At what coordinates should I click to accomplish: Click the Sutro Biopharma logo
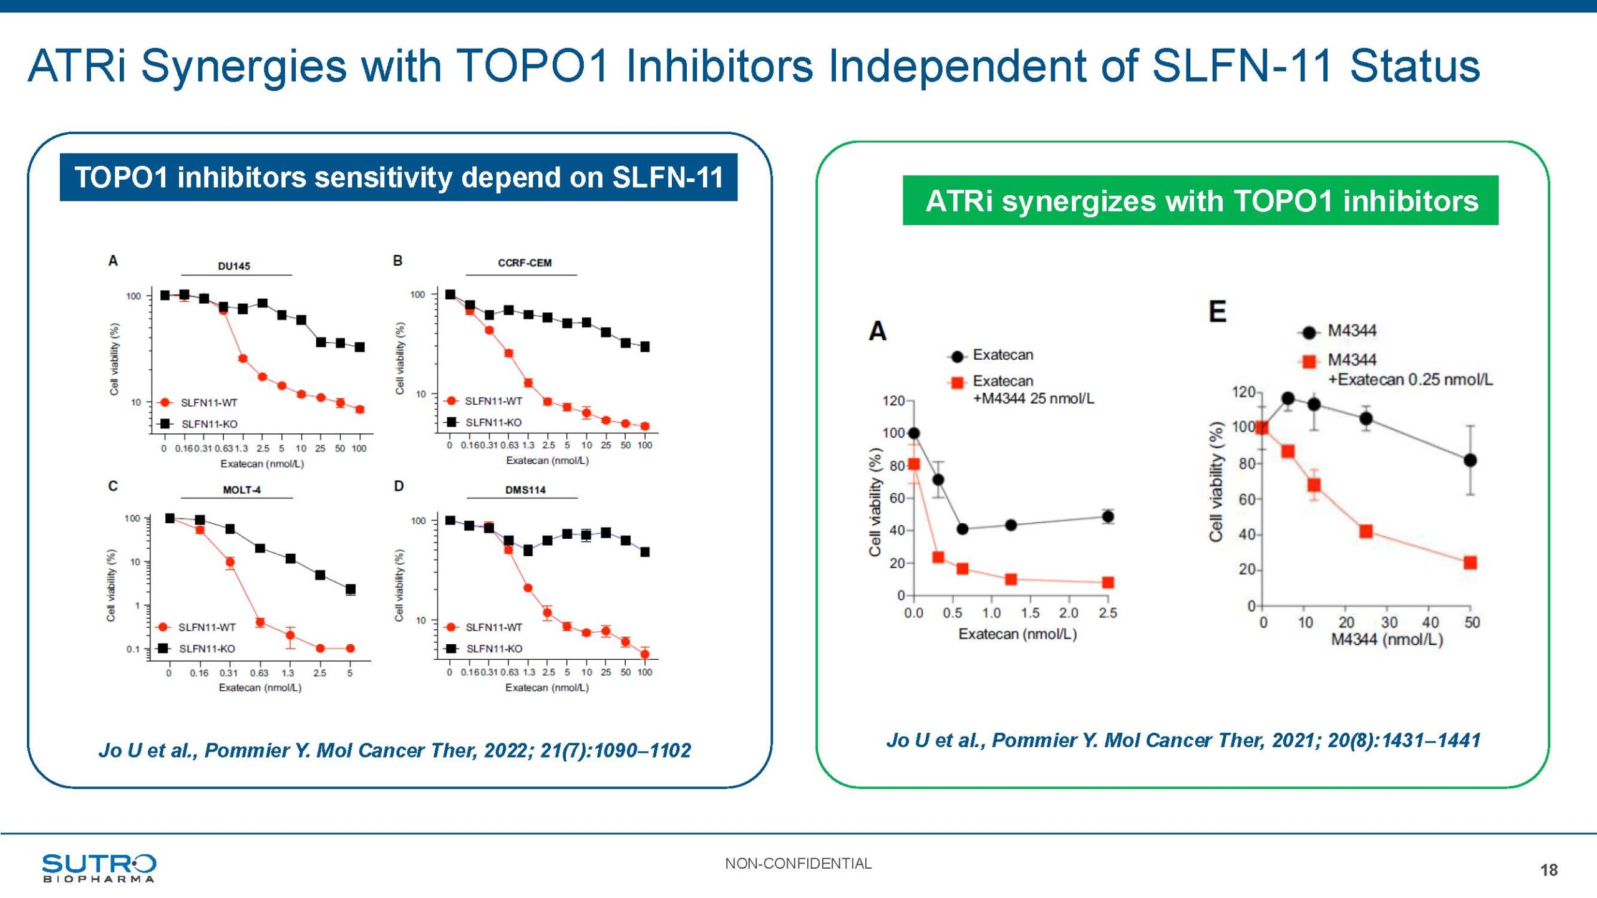coord(99,867)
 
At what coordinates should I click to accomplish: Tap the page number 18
coord(1548,870)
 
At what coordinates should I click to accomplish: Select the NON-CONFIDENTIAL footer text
coord(798,864)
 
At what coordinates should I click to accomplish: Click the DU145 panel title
coord(234,266)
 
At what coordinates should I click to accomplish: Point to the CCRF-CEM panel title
coord(525,263)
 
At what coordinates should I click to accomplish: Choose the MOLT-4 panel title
coord(241,490)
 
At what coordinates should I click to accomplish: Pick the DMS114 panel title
coord(525,490)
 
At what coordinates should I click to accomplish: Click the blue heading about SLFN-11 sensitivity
coord(399,178)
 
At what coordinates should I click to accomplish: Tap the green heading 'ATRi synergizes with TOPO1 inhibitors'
coord(1201,201)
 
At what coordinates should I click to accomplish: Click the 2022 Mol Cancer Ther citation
coord(395,750)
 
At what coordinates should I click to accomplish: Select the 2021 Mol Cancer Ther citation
coord(1183,740)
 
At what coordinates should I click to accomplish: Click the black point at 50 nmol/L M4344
coord(1470,460)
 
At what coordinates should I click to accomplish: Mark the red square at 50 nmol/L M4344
coord(1470,562)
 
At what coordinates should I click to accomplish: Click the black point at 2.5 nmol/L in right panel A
coord(1108,516)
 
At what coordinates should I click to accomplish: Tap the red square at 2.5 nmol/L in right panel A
coord(1108,582)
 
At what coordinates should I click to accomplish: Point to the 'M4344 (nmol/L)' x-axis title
coord(1387,640)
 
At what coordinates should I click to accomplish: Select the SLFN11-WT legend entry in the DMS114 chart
coord(493,627)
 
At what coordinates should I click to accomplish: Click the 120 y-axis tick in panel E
coord(1243,392)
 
